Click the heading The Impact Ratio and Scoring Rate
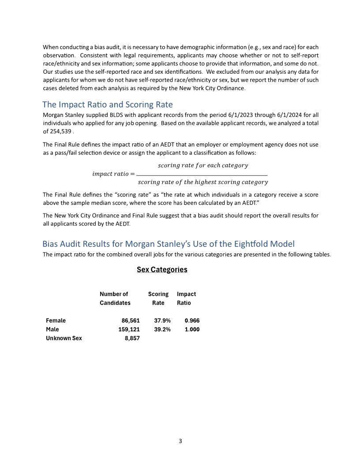pyautogui.click(x=107, y=105)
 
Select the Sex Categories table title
pyautogui.click(x=162, y=270)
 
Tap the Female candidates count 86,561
pyautogui.click(x=131, y=321)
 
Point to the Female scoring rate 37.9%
pyautogui.click(x=162, y=321)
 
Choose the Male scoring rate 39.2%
pyautogui.click(x=162, y=329)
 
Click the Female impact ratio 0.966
pyautogui.click(x=192, y=321)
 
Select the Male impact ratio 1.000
pyautogui.click(x=192, y=329)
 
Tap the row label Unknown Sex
pyautogui.click(x=64, y=338)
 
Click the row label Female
pyautogui.click(x=56, y=321)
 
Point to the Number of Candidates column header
pyautogui.click(x=115, y=298)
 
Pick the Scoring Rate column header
pyautogui.click(x=158, y=298)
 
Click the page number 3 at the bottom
pyautogui.click(x=180, y=441)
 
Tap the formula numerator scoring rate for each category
pyautogui.click(x=203, y=165)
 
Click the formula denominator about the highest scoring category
pyautogui.click(x=203, y=182)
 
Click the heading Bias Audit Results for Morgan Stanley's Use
pyautogui.click(x=168, y=244)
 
